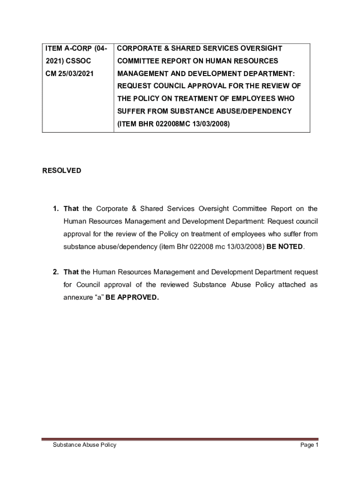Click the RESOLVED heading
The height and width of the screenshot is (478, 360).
click(x=62, y=171)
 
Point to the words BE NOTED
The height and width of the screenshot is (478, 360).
click(x=285, y=246)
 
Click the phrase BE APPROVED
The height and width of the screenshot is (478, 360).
click(x=132, y=297)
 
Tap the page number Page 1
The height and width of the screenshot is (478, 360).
click(x=309, y=445)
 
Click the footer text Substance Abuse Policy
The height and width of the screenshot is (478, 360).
click(x=84, y=445)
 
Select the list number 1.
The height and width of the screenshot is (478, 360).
click(x=55, y=209)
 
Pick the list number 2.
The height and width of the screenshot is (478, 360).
click(x=55, y=272)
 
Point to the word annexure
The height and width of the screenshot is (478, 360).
click(x=78, y=297)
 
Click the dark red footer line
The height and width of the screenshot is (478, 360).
click(x=180, y=439)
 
